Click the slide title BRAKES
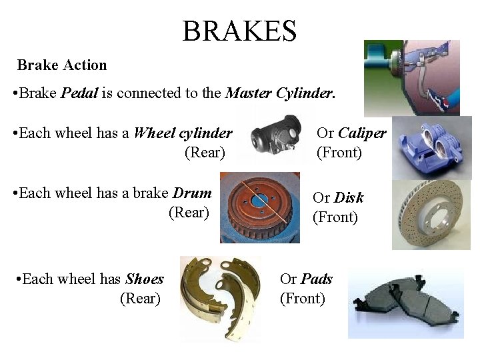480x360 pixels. click(239, 31)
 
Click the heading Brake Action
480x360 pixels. click(62, 65)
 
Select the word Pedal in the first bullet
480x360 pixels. click(79, 93)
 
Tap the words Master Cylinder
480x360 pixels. click(279, 93)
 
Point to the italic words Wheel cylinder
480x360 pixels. click(183, 133)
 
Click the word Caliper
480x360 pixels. click(361, 133)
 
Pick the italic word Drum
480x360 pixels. click(192, 193)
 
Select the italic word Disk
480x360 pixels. click(349, 197)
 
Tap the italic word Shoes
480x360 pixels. click(145, 279)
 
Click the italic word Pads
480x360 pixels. click(317, 279)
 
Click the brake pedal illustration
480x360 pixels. click(411, 76)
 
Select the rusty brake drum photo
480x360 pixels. click(259, 207)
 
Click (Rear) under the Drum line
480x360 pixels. click(189, 213)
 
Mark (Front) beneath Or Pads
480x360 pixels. click(303, 299)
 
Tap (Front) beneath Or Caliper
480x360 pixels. click(339, 153)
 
